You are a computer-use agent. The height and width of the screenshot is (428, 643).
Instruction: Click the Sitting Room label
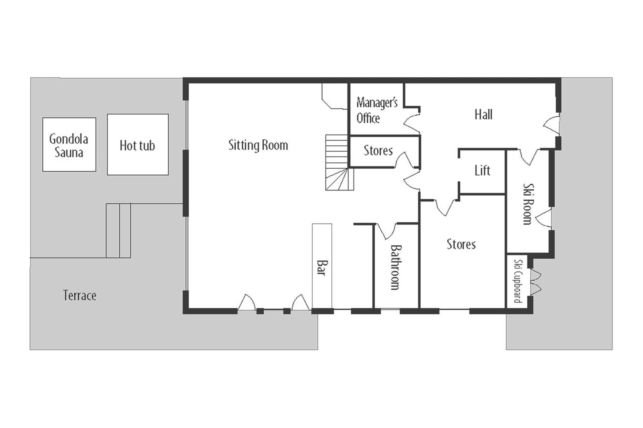coord(258,145)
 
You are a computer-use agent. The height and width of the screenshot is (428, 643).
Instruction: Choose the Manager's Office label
coord(377,110)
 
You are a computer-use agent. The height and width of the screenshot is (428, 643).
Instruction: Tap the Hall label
coord(483,115)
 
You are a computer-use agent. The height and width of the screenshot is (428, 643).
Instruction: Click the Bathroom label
coord(395,267)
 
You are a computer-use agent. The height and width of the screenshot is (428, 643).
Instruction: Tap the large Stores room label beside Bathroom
coord(461,244)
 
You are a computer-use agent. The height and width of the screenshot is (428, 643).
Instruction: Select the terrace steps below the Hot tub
coord(118,231)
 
